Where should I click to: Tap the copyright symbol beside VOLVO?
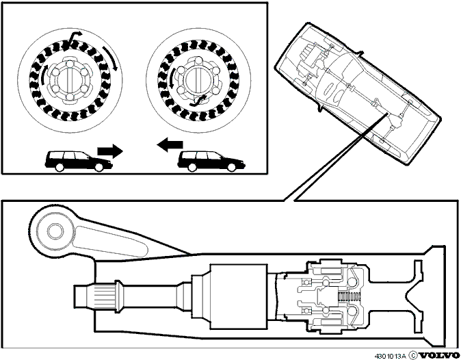[x=413, y=355]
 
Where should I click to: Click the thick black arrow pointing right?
[x=110, y=151]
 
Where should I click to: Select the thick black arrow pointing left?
[x=170, y=144]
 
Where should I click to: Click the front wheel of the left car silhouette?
[x=99, y=168]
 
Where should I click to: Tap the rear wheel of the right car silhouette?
[x=192, y=168]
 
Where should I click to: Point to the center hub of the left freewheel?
[x=69, y=79]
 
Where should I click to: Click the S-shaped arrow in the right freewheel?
[x=198, y=101]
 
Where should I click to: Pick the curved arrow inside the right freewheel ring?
[x=172, y=78]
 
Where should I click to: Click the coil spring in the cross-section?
[x=350, y=297]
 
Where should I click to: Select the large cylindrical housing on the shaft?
[x=239, y=296]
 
